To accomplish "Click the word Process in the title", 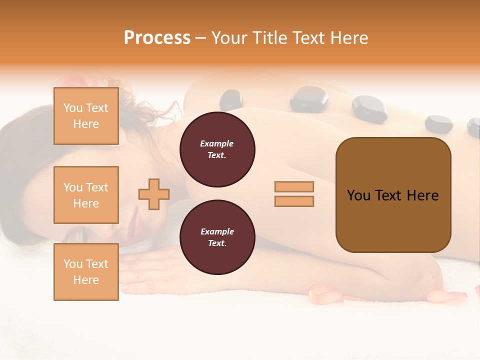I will click(157, 38).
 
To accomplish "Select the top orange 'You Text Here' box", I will click(86, 116).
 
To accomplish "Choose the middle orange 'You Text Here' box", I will click(86, 195).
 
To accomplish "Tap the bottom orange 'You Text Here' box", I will click(86, 272).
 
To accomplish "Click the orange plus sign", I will click(154, 194).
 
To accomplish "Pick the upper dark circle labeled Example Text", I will click(217, 149).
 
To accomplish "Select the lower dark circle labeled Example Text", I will click(217, 237).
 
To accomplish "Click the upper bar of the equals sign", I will click(294, 186).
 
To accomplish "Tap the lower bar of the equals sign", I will click(294, 201).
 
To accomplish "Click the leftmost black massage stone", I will click(230, 99).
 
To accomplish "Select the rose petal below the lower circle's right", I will click(325, 293).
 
